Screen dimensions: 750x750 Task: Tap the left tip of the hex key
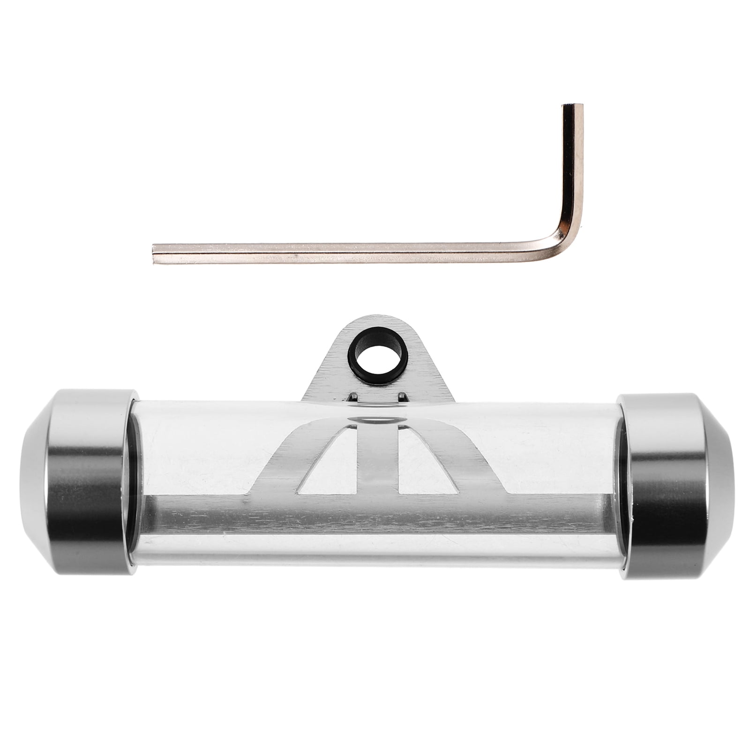point(156,254)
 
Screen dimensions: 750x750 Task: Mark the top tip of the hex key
point(573,106)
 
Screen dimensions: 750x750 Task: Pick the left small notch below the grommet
point(354,397)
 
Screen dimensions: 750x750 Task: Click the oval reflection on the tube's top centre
point(378,419)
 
